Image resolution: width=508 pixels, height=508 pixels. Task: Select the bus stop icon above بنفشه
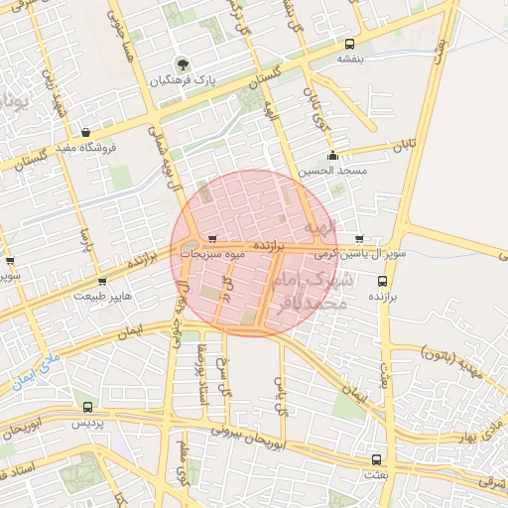tap(349, 44)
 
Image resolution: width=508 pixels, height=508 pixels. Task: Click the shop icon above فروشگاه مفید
tap(87, 132)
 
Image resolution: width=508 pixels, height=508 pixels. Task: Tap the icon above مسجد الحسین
tap(332, 156)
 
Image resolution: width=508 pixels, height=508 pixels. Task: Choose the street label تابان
tap(401, 146)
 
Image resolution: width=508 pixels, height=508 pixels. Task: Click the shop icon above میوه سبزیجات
tap(212, 239)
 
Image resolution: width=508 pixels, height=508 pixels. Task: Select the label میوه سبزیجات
tap(207, 255)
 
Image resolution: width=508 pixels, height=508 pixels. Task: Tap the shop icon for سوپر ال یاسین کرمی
tap(358, 239)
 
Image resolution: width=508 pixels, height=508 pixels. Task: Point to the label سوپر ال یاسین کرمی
tap(361, 254)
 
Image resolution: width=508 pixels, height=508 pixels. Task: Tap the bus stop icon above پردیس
tap(87, 407)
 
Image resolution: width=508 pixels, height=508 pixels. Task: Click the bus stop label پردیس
tap(87, 423)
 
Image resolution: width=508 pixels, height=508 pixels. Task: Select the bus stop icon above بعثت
tap(375, 460)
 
